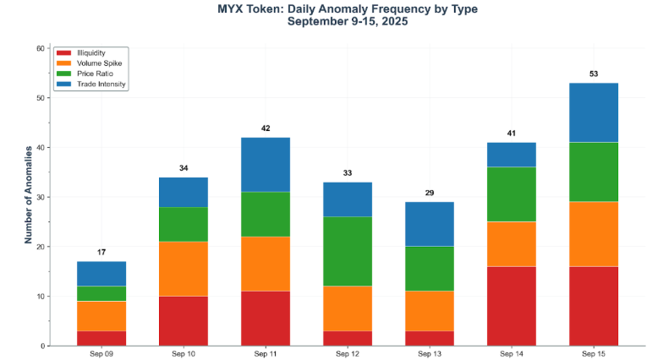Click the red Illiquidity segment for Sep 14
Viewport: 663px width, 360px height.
[512, 306]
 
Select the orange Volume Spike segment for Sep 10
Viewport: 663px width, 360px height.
[184, 269]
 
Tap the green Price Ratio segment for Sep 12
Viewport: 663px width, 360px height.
[348, 251]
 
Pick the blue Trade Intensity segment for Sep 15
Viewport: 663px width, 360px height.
[594, 112]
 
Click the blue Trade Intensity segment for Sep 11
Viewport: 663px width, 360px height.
[266, 164]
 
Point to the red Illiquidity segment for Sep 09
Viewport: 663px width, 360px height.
[101, 338]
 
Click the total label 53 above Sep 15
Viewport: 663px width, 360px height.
[594, 74]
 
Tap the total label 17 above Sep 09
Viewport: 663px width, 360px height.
[101, 253]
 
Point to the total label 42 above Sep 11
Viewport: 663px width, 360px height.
[266, 128]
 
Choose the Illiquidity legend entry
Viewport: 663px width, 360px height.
[90, 53]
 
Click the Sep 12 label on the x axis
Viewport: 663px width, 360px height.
[348, 355]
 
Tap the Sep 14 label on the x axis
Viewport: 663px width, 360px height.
[512, 355]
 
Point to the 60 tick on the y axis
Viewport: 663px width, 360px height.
[40, 48]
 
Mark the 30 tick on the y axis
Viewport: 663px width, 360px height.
[40, 197]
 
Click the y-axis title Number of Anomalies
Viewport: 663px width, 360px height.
[28, 194]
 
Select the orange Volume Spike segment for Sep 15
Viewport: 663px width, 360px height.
[594, 234]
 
